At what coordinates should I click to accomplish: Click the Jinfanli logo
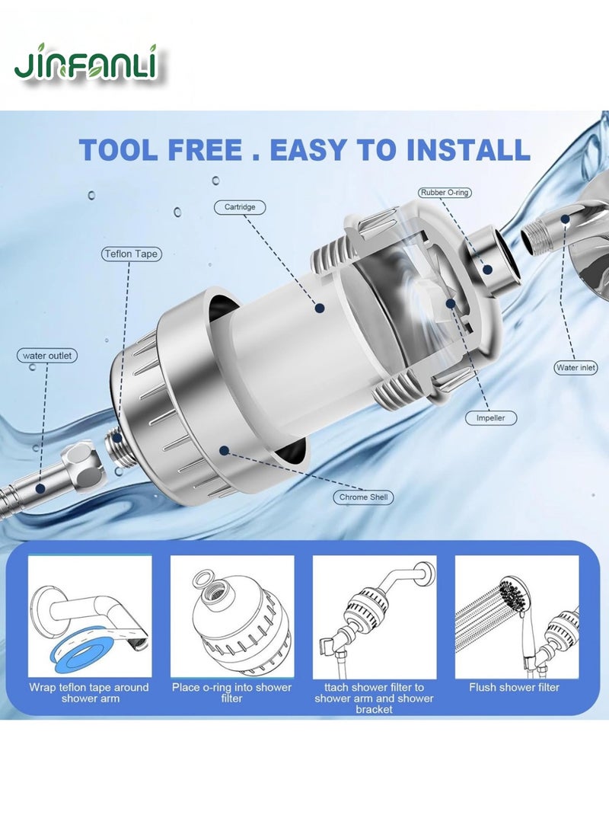86,62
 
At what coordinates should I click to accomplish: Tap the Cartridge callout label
239,206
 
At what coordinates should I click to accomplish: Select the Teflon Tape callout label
131,254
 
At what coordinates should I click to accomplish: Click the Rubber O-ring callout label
445,193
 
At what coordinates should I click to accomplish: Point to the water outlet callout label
46,356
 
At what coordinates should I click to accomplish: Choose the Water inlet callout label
576,367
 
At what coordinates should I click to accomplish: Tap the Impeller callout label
490,417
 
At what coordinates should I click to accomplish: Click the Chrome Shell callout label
363,497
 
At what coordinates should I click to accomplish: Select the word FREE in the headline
205,149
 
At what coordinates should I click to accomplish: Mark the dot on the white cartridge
319,308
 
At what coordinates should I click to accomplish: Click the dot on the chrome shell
224,450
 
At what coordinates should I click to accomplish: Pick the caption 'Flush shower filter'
514,687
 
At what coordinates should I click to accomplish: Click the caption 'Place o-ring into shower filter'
231,692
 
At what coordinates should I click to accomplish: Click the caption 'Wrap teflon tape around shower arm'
90,692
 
